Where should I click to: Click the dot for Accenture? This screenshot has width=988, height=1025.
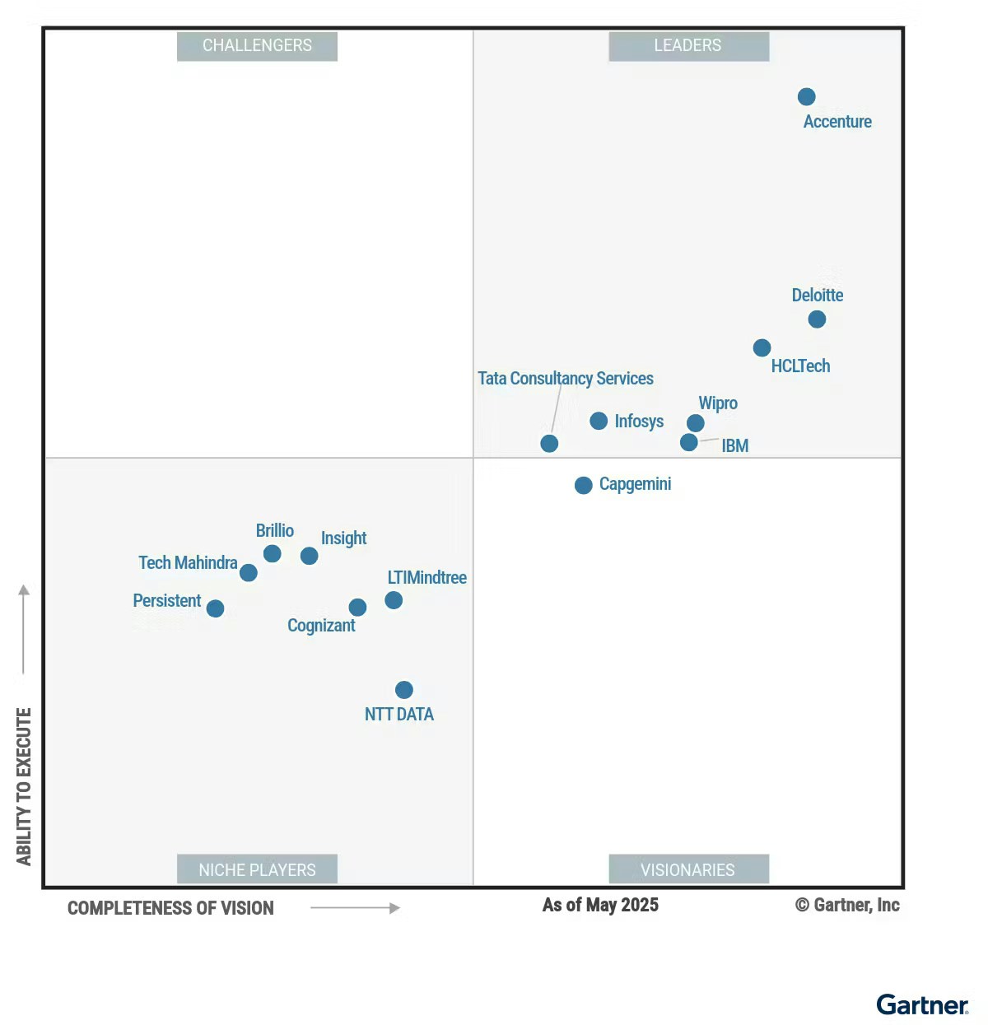[807, 97]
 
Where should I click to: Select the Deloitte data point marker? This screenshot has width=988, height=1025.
[817, 319]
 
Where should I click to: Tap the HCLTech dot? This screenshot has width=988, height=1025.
[762, 348]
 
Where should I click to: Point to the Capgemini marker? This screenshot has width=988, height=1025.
[584, 486]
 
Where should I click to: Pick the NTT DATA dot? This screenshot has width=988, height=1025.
[404, 690]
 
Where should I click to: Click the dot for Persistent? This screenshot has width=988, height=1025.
[216, 608]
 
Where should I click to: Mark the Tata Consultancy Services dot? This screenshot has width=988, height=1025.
[549, 444]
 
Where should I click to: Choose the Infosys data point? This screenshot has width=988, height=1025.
[599, 422]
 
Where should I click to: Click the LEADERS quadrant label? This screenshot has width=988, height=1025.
[688, 46]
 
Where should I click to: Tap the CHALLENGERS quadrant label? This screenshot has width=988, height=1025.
[257, 46]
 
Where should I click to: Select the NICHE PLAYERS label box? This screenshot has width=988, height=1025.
[257, 869]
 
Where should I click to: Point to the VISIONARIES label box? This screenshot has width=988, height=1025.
[688, 869]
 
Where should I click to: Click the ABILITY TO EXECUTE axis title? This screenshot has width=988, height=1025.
[24, 786]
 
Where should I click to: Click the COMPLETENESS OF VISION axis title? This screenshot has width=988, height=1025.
[170, 908]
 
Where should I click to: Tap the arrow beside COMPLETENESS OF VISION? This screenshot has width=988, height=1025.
[355, 908]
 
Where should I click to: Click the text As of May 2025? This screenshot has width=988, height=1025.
[600, 905]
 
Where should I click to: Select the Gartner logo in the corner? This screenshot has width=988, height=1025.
[922, 1005]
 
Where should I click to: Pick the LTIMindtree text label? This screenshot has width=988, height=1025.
[426, 578]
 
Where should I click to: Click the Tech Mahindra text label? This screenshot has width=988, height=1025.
[188, 563]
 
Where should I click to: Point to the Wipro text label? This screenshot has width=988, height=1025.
[718, 403]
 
